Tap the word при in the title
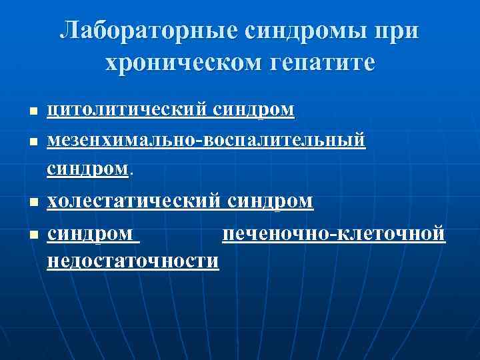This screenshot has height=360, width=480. [399, 31]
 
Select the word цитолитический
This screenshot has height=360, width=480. [128, 111]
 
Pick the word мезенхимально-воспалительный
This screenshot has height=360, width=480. [207, 142]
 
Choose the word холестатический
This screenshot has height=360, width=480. [134, 201]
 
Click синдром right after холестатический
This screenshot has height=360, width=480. [270, 201]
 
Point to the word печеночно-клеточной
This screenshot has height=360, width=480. [333, 235]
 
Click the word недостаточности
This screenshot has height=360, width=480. [133, 261]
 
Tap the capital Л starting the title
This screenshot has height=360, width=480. [68, 31]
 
